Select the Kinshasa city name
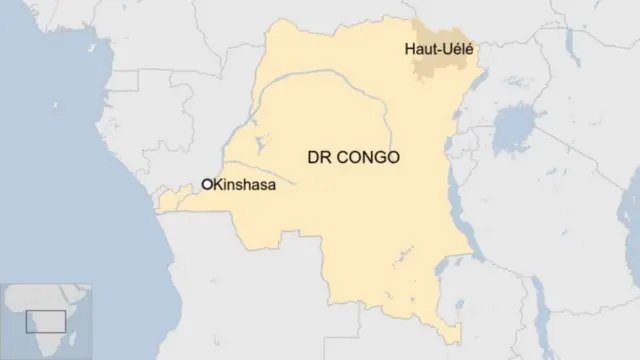[x=244, y=184]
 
